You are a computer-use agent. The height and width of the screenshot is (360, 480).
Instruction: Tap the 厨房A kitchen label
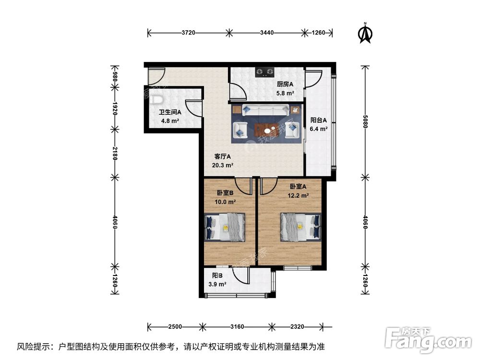click(x=285, y=84)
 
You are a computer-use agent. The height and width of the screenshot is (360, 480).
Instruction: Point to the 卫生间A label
click(x=170, y=113)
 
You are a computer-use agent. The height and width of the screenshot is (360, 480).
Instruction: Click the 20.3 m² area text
click(x=222, y=165)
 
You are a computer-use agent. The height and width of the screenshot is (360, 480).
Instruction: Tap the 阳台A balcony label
click(x=319, y=120)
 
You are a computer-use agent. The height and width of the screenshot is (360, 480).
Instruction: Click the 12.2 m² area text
click(x=298, y=195)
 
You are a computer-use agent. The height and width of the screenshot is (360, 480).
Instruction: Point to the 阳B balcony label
click(x=217, y=276)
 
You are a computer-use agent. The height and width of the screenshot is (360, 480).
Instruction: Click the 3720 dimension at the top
click(x=189, y=33)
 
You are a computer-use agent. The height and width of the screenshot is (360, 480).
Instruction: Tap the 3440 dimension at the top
click(x=267, y=33)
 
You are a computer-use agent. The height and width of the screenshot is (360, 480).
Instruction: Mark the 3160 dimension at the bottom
click(x=237, y=327)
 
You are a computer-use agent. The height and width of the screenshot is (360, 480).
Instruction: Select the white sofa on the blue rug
click(x=266, y=110)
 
